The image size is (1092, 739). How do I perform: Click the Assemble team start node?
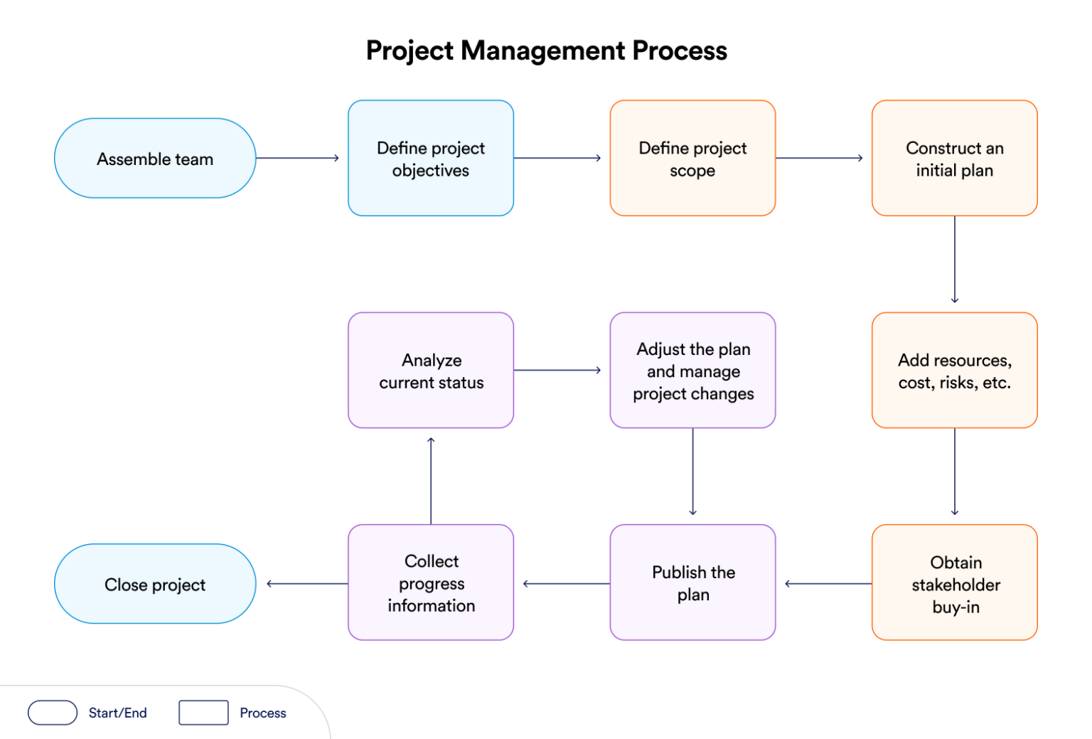tap(155, 158)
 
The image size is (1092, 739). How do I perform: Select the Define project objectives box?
tap(431, 158)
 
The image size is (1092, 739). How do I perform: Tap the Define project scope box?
tap(692, 158)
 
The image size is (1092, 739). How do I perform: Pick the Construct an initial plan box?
tap(954, 158)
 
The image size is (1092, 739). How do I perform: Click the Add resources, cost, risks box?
tap(954, 370)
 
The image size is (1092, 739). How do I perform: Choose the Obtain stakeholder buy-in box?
tap(954, 583)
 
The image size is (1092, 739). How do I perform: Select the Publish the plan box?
tap(692, 583)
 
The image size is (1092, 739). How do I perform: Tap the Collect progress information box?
tap(431, 583)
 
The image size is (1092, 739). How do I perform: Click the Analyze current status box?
tap(431, 370)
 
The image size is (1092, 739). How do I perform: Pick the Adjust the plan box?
tap(692, 370)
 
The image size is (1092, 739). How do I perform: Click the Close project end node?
tap(155, 584)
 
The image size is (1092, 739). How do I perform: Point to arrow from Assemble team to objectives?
tap(297, 158)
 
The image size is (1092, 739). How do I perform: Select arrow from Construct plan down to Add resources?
tap(954, 260)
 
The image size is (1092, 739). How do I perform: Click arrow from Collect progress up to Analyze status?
tap(431, 480)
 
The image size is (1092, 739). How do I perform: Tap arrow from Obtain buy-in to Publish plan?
tap(828, 584)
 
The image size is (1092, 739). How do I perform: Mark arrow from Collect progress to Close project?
tap(307, 584)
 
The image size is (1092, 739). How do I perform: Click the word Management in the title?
tap(542, 51)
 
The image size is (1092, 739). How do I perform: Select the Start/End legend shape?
tap(53, 712)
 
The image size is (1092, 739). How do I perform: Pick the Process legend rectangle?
tap(203, 712)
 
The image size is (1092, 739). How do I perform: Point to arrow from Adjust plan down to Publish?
tap(692, 472)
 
